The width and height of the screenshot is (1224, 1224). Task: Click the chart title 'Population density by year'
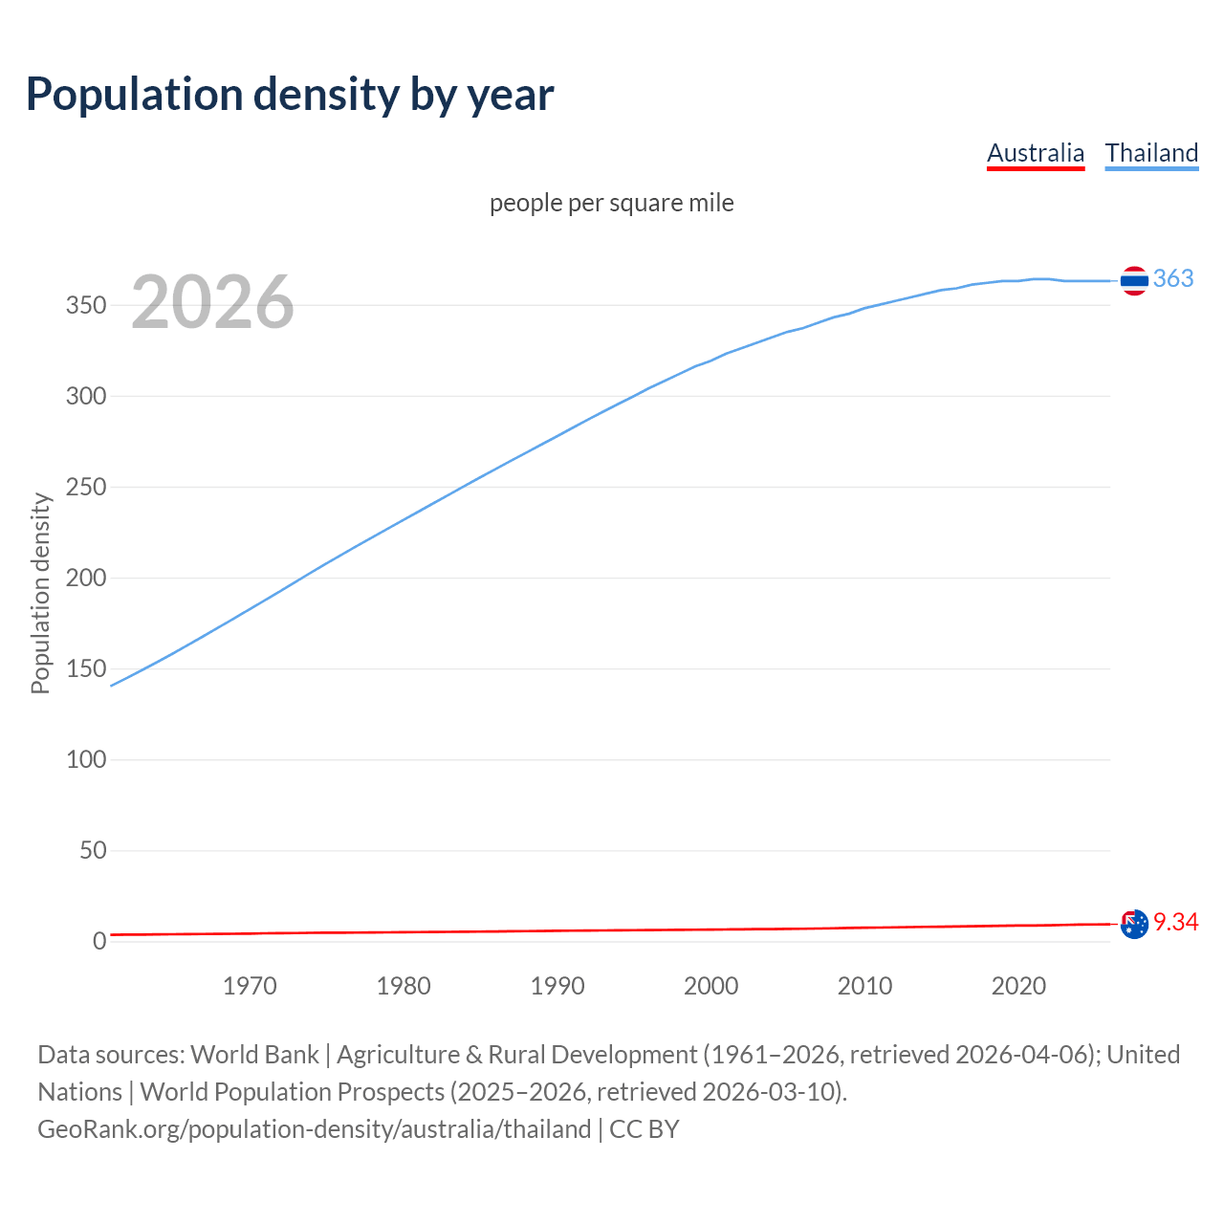290,94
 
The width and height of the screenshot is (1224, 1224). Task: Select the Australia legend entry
1036,153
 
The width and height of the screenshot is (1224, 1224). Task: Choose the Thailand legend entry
1151,153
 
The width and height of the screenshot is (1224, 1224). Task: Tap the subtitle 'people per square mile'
611,203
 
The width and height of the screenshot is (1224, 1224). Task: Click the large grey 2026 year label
212,302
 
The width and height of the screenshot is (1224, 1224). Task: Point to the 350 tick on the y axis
85,306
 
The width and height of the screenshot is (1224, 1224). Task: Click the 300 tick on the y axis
85,397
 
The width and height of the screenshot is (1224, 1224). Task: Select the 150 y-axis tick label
85,668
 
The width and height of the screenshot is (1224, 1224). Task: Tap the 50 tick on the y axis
92,850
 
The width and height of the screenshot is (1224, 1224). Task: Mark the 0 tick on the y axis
99,941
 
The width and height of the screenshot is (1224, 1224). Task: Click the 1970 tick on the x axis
250,986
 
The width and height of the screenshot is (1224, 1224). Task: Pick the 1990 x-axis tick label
557,986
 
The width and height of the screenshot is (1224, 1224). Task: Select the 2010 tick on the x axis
864,986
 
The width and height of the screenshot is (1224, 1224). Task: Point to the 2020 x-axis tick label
1018,986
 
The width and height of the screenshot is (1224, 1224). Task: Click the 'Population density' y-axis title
40,593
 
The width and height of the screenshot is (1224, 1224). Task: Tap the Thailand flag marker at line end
1134,280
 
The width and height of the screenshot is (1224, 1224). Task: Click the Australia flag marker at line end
1134,925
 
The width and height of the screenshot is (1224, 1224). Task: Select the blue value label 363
1173,278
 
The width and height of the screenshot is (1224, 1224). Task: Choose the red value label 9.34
1175,922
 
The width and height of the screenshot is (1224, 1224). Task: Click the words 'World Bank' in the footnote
254,1054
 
